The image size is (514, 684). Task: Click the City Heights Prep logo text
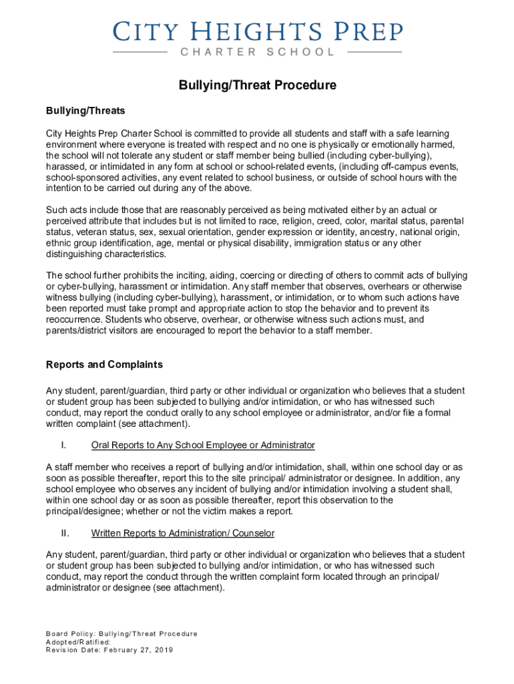coord(257,31)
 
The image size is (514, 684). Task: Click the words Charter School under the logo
coord(257,52)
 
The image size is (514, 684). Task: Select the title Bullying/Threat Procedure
coord(257,85)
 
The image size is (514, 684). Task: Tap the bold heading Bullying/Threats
coord(85,110)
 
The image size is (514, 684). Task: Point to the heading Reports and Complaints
coord(104,365)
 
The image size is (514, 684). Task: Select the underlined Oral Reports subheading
coord(203,446)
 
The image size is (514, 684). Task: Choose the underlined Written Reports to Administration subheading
coord(183,534)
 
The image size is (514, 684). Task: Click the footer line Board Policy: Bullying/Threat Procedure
coord(121,634)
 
